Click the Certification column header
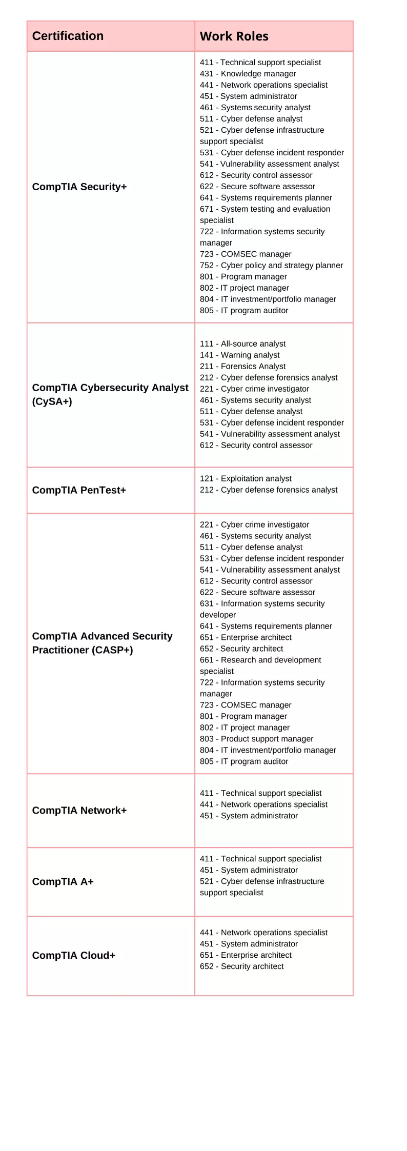click(x=68, y=36)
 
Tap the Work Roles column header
click(x=234, y=36)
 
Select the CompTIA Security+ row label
click(x=79, y=187)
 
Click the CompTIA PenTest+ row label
click(x=79, y=490)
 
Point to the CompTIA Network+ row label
click(x=79, y=810)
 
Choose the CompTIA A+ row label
click(x=63, y=881)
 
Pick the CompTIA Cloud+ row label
click(x=73, y=955)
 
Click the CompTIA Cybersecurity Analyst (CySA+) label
click(x=110, y=394)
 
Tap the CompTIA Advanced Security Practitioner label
click(x=102, y=643)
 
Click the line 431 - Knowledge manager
click(x=248, y=74)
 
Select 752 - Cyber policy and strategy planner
click(x=271, y=266)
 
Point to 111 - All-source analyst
click(x=242, y=344)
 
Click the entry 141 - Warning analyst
click(x=239, y=355)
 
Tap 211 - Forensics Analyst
click(x=242, y=367)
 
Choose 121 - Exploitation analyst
click(x=246, y=479)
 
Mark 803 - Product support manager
click(x=256, y=739)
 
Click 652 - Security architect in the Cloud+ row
click(x=241, y=966)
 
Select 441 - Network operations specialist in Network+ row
click(x=263, y=804)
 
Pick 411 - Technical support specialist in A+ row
click(x=260, y=859)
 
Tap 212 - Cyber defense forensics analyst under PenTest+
click(x=269, y=490)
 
